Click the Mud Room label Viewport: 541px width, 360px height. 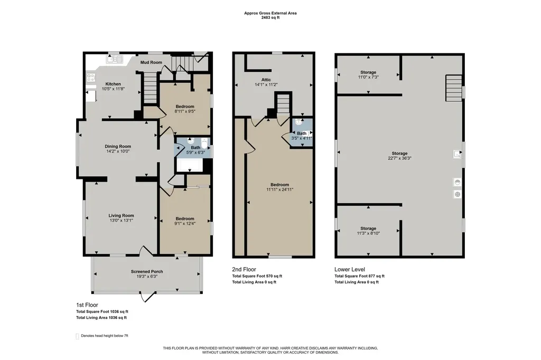coord(151,62)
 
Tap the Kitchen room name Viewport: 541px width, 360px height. coord(113,84)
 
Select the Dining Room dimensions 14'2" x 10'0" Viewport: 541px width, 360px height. coord(118,151)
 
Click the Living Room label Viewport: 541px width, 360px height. coord(121,215)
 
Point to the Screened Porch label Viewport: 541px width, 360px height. coord(147,271)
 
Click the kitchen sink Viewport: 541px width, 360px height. coord(115,59)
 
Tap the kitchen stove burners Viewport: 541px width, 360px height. coord(91,78)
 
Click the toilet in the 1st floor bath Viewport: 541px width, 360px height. coord(204,143)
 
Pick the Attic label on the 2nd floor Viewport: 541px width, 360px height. coord(266,80)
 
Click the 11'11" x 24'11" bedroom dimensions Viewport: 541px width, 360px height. coord(280,190)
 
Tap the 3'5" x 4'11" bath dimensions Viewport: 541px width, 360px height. coord(302,138)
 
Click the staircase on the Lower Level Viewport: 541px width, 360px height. coord(454,88)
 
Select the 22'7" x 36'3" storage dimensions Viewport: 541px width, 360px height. coord(399,158)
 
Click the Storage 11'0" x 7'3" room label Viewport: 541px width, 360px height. coord(368,72)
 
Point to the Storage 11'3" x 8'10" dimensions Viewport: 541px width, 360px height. coord(368,233)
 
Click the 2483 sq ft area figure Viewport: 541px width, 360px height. coord(270,17)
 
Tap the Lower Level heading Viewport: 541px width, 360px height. coord(350,269)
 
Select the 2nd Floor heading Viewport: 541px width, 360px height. coord(244,269)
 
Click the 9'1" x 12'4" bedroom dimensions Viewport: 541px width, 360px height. coord(185,223)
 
